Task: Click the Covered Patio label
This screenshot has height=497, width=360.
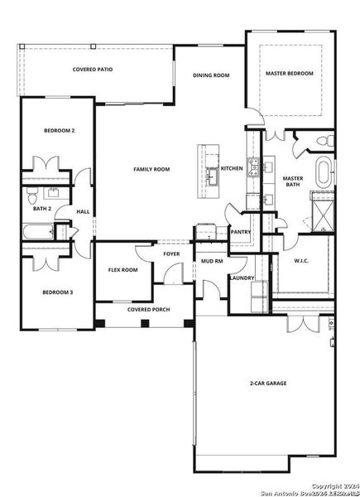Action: tap(93, 70)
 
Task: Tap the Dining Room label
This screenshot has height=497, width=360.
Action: tap(211, 75)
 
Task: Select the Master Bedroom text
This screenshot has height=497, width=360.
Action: tap(290, 74)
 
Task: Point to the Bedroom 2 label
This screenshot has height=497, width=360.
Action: tap(60, 131)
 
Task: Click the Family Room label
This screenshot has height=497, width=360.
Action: tap(152, 169)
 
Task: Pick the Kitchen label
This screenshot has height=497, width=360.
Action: tap(232, 169)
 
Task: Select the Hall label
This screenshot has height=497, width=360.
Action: tap(83, 212)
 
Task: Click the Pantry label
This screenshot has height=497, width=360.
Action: tap(241, 233)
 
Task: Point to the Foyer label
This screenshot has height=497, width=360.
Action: tap(170, 254)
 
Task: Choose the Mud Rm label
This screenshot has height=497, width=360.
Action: tap(213, 262)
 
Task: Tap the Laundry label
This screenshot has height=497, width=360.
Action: tap(242, 277)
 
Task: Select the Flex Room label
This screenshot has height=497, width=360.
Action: tap(123, 270)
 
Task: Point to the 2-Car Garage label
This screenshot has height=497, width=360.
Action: tap(266, 384)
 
